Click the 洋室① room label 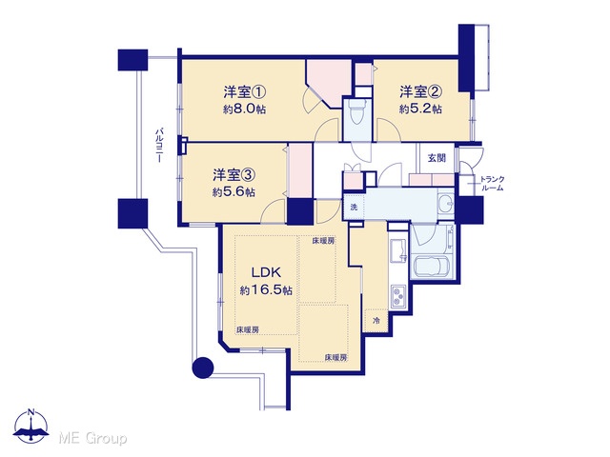point(244,92)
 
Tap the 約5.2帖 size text point(420,109)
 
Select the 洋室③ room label point(234,175)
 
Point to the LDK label point(266,272)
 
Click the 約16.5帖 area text point(266,290)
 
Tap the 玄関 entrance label point(437,158)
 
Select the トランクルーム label point(492,184)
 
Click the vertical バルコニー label point(159,145)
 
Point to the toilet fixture point(357,110)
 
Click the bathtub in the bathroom point(432,267)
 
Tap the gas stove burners point(398,296)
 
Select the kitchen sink point(398,251)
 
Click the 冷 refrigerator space point(376,321)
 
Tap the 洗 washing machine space point(354,208)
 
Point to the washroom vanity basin point(446,203)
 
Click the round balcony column point(203,368)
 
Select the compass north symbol point(31,426)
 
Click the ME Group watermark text point(92,438)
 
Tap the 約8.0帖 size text point(244,109)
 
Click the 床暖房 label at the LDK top point(323,241)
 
